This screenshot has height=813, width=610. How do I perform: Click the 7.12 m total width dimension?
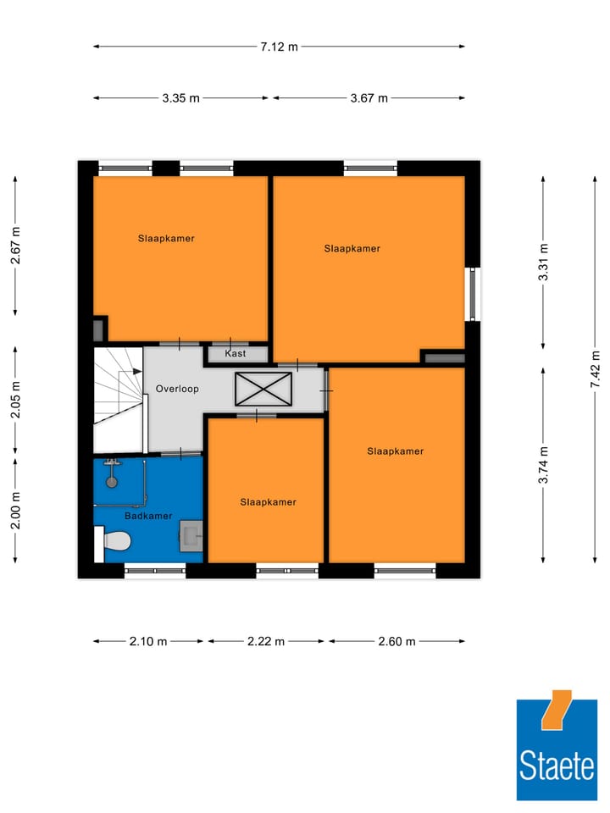point(279,47)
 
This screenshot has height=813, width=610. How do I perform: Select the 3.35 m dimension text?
point(181,98)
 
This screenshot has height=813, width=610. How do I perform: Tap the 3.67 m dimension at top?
point(369,98)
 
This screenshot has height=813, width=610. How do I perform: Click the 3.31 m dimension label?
point(544,262)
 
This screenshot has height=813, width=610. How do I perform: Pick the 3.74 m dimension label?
point(544,464)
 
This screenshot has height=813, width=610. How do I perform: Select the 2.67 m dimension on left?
point(15,246)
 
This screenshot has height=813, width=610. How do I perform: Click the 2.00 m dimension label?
point(15,510)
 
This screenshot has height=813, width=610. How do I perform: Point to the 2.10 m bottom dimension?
point(148,641)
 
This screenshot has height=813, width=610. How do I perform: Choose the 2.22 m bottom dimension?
point(266,641)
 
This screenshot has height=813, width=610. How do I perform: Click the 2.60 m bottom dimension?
point(396,641)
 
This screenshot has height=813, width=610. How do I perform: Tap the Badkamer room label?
point(148,516)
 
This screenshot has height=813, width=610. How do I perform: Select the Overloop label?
point(177,390)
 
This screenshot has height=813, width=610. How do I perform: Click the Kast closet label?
point(235,353)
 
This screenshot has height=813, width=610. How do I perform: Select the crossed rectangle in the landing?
point(263,389)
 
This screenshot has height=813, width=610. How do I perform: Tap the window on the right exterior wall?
point(473,294)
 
